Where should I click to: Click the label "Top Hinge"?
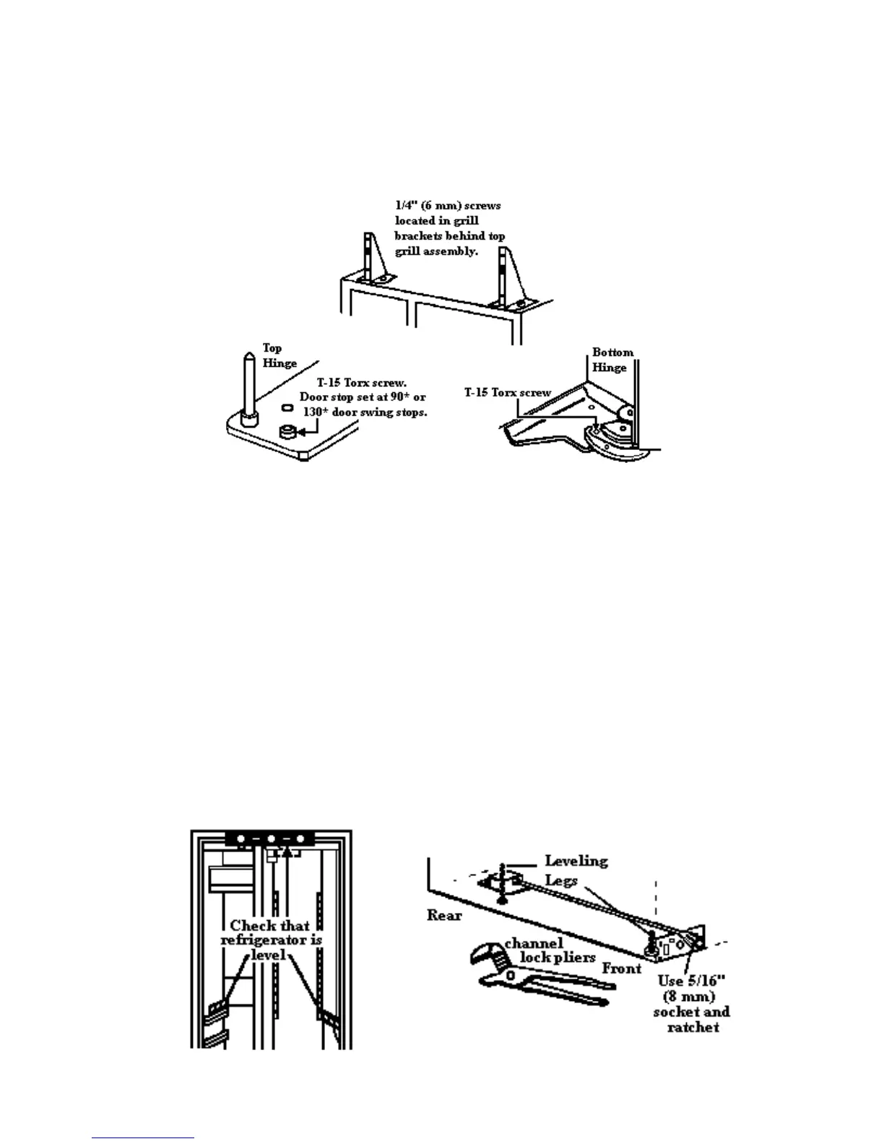click(x=279, y=356)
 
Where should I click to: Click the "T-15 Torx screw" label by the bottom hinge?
click(x=507, y=393)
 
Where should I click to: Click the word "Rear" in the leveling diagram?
click(x=444, y=915)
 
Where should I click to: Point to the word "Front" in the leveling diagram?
click(x=621, y=968)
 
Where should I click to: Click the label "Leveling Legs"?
click(x=576, y=870)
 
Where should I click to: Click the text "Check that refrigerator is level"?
click(x=271, y=940)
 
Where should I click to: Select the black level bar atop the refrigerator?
click(x=271, y=839)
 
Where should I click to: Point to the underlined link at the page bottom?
click(x=143, y=1137)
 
